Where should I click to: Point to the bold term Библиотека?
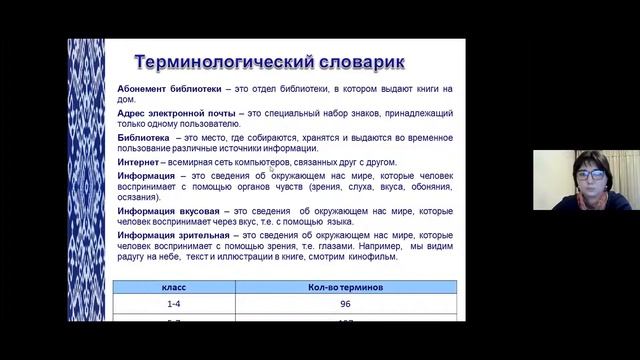(143, 138)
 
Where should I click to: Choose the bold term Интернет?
(141, 162)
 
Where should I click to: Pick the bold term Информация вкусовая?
(170, 211)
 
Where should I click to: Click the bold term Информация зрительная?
(176, 235)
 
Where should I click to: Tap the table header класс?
(176, 287)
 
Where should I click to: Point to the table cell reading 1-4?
(176, 304)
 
